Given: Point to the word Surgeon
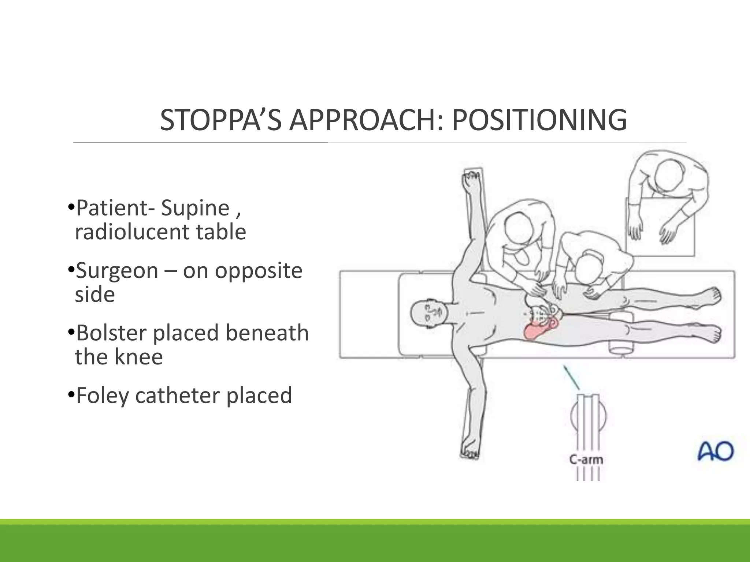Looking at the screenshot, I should click(x=117, y=271).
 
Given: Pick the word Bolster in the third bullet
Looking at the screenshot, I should click(x=111, y=333).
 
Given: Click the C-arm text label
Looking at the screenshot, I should click(x=586, y=459).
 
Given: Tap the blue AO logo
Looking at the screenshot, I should click(x=715, y=451).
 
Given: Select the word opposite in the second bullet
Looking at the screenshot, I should click(x=259, y=271).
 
